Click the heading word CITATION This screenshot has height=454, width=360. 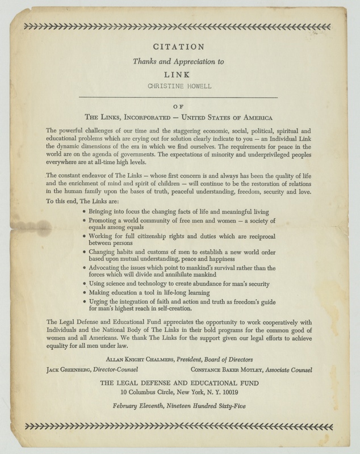(x=179, y=48)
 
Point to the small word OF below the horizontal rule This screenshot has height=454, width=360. (x=179, y=105)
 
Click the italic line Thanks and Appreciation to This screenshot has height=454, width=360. (x=179, y=61)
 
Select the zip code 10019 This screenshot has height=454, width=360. (x=229, y=392)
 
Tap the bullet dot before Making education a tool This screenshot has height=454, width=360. (x=84, y=292)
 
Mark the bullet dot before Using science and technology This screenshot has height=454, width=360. (x=84, y=283)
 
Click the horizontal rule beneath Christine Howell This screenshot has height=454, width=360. (x=179, y=98)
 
